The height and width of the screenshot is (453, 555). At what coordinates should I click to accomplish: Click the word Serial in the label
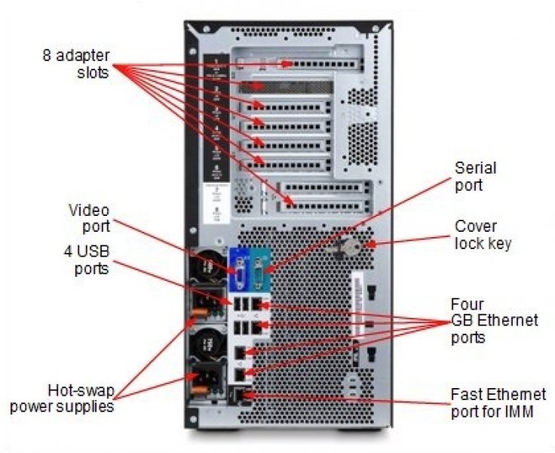(x=475, y=168)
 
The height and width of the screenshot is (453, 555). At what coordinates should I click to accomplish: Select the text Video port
(x=89, y=217)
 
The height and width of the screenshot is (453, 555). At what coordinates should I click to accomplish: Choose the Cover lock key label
(x=483, y=234)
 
